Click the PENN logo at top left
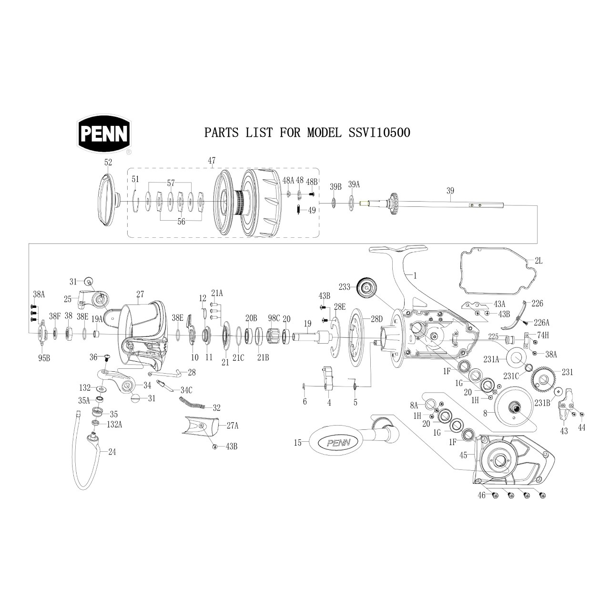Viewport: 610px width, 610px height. pos(104,134)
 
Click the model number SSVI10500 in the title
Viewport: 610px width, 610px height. pos(379,132)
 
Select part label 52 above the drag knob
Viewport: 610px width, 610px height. pos(108,163)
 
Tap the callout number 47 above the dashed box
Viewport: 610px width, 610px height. pos(212,161)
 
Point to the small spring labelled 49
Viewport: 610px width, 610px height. pos(298,210)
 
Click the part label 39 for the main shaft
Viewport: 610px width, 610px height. pos(450,191)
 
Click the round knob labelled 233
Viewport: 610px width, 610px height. pos(367,288)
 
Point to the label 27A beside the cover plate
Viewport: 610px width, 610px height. pos(233,426)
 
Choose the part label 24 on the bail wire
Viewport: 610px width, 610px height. pos(112,452)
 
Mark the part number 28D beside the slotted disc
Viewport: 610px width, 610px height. pos(376,319)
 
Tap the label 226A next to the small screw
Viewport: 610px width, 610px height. pos(542,323)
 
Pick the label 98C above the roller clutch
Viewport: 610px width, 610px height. pos(274,318)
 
